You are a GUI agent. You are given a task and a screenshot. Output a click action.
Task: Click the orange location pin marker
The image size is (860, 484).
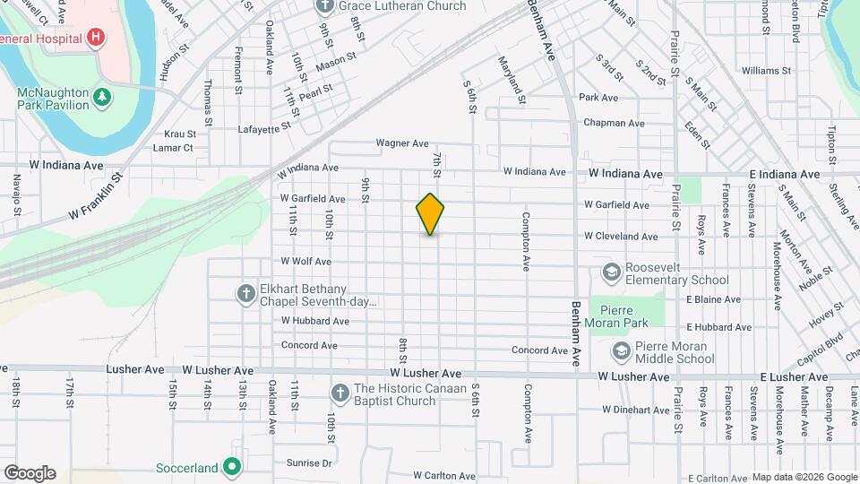click(431, 213)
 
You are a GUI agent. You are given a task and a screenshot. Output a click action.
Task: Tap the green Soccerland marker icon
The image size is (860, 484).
click(232, 466)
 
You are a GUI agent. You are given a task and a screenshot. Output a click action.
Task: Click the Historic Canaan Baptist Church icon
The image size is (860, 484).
click(340, 393)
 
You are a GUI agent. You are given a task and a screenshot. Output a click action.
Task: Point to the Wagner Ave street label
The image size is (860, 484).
click(402, 143)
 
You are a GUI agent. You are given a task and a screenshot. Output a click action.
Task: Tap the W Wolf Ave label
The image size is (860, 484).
click(306, 262)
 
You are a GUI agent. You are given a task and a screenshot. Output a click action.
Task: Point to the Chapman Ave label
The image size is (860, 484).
click(614, 123)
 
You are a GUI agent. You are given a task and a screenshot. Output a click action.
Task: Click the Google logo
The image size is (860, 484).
click(30, 472)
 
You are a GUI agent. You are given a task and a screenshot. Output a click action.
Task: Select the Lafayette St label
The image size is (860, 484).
click(265, 129)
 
